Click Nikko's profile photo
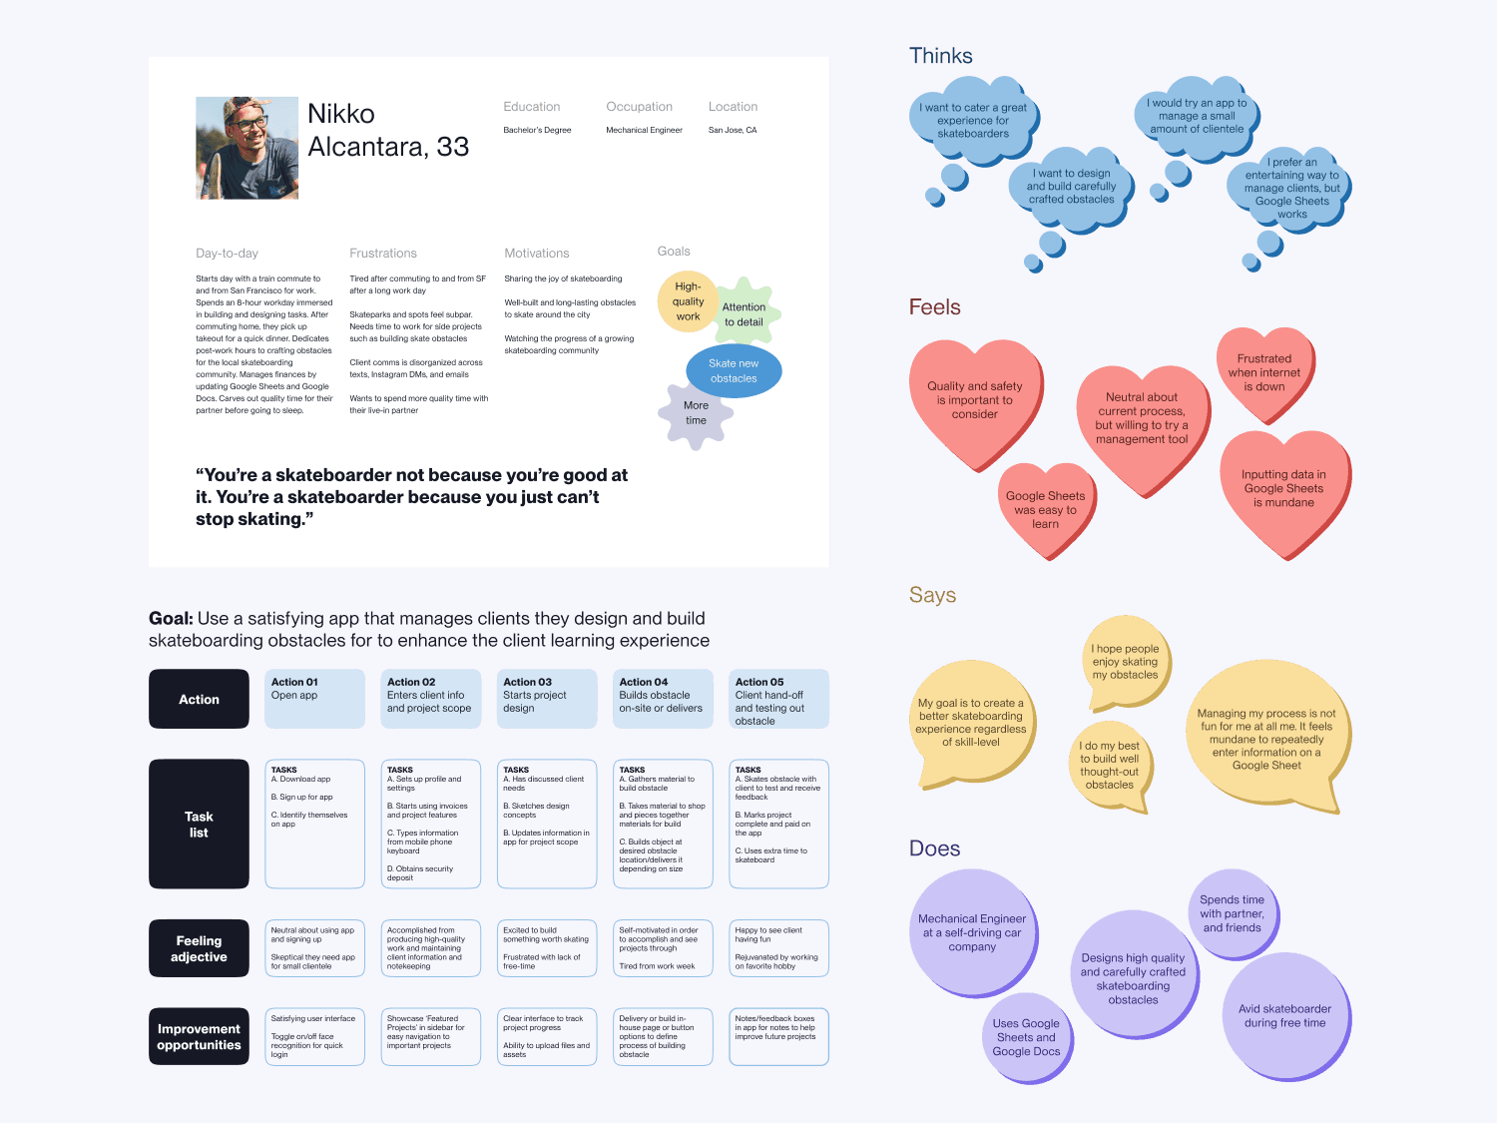pyautogui.click(x=247, y=148)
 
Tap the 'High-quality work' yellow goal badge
pyautogui.click(x=688, y=301)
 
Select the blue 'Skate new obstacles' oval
pyautogui.click(x=734, y=370)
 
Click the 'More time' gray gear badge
pyautogui.click(x=696, y=413)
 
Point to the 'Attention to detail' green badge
pyautogui.click(x=744, y=314)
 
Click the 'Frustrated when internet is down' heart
pyautogui.click(x=1264, y=372)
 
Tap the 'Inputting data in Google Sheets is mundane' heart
pyautogui.click(x=1283, y=489)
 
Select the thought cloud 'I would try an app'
pyautogui.click(x=1197, y=116)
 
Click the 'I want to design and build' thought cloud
pyautogui.click(x=1072, y=187)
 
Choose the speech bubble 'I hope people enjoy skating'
pyautogui.click(x=1125, y=662)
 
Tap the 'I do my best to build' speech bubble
pyautogui.click(x=1109, y=765)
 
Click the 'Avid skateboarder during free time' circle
pyautogui.click(x=1285, y=1016)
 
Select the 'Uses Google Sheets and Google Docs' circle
pyautogui.click(x=1026, y=1037)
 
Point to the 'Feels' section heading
pyautogui.click(x=934, y=307)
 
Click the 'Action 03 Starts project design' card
pyautogui.click(x=546, y=698)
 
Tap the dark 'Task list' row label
pyautogui.click(x=199, y=824)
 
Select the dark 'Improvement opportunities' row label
pyautogui.click(x=199, y=1036)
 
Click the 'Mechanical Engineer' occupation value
pyautogui.click(x=644, y=130)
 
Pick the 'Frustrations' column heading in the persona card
pyautogui.click(x=383, y=254)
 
